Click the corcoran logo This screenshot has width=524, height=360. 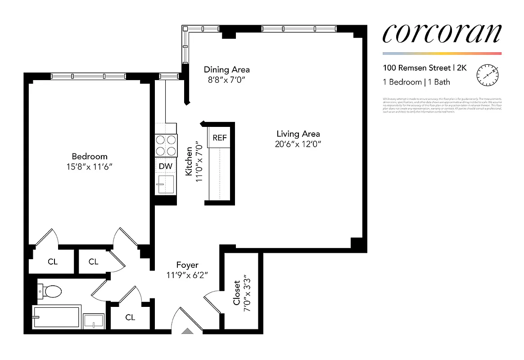(442, 34)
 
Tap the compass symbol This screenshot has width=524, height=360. (488, 75)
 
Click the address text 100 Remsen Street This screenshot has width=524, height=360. (417, 68)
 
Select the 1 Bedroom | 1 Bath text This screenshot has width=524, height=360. (416, 82)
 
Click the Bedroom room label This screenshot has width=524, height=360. (90, 157)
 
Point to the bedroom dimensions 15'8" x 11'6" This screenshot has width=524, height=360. (90, 166)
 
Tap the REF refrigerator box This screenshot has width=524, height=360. (220, 138)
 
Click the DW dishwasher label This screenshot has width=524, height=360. (166, 166)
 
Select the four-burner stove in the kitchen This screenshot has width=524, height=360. (166, 145)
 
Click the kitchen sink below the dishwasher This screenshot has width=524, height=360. (166, 184)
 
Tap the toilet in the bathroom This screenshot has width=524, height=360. (50, 292)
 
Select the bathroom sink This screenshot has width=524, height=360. (94, 321)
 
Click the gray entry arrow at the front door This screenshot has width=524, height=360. (188, 331)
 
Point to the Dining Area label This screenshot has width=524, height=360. (226, 70)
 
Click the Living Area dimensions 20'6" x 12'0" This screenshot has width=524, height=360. (298, 144)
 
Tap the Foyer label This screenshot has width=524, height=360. (187, 265)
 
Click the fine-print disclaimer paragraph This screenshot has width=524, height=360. (442, 105)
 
